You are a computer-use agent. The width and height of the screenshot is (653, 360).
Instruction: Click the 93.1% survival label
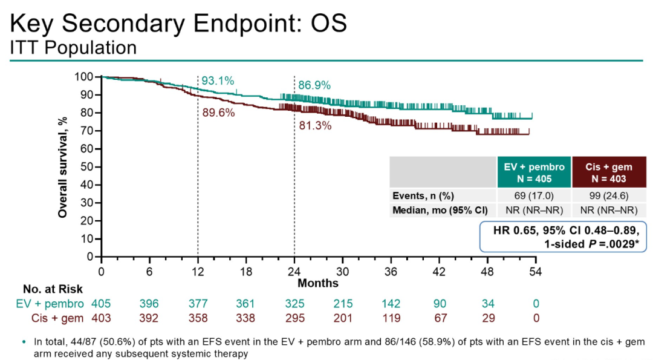[x=218, y=81]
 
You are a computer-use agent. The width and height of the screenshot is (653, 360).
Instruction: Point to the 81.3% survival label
[x=315, y=126]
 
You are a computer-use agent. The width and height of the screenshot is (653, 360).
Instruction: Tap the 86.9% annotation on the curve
[x=314, y=86]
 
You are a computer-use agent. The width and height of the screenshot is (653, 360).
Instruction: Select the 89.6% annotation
[x=218, y=113]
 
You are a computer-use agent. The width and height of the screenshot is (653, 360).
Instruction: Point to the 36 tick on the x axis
[x=391, y=272]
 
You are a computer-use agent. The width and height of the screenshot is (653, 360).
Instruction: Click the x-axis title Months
[x=318, y=283]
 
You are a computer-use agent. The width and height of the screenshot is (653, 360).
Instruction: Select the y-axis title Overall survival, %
[x=62, y=167]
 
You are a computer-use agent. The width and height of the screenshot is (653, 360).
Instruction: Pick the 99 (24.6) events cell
[x=609, y=195]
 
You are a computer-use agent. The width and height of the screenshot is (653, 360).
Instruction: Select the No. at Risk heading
[x=53, y=290]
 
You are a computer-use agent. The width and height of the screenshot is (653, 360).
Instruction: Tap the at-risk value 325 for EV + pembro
[x=294, y=304]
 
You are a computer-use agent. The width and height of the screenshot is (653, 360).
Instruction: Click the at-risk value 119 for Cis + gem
[x=391, y=318]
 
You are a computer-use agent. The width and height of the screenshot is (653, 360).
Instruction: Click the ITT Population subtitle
[x=73, y=47]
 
